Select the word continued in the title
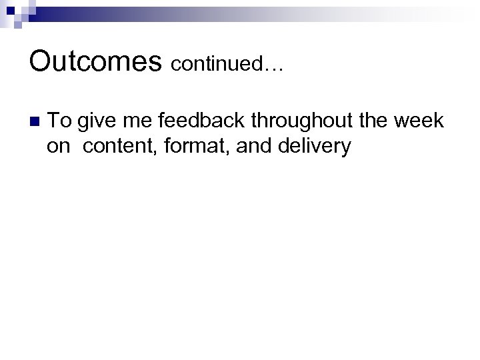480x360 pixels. click(x=219, y=63)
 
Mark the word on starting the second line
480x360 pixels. click(x=59, y=146)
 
